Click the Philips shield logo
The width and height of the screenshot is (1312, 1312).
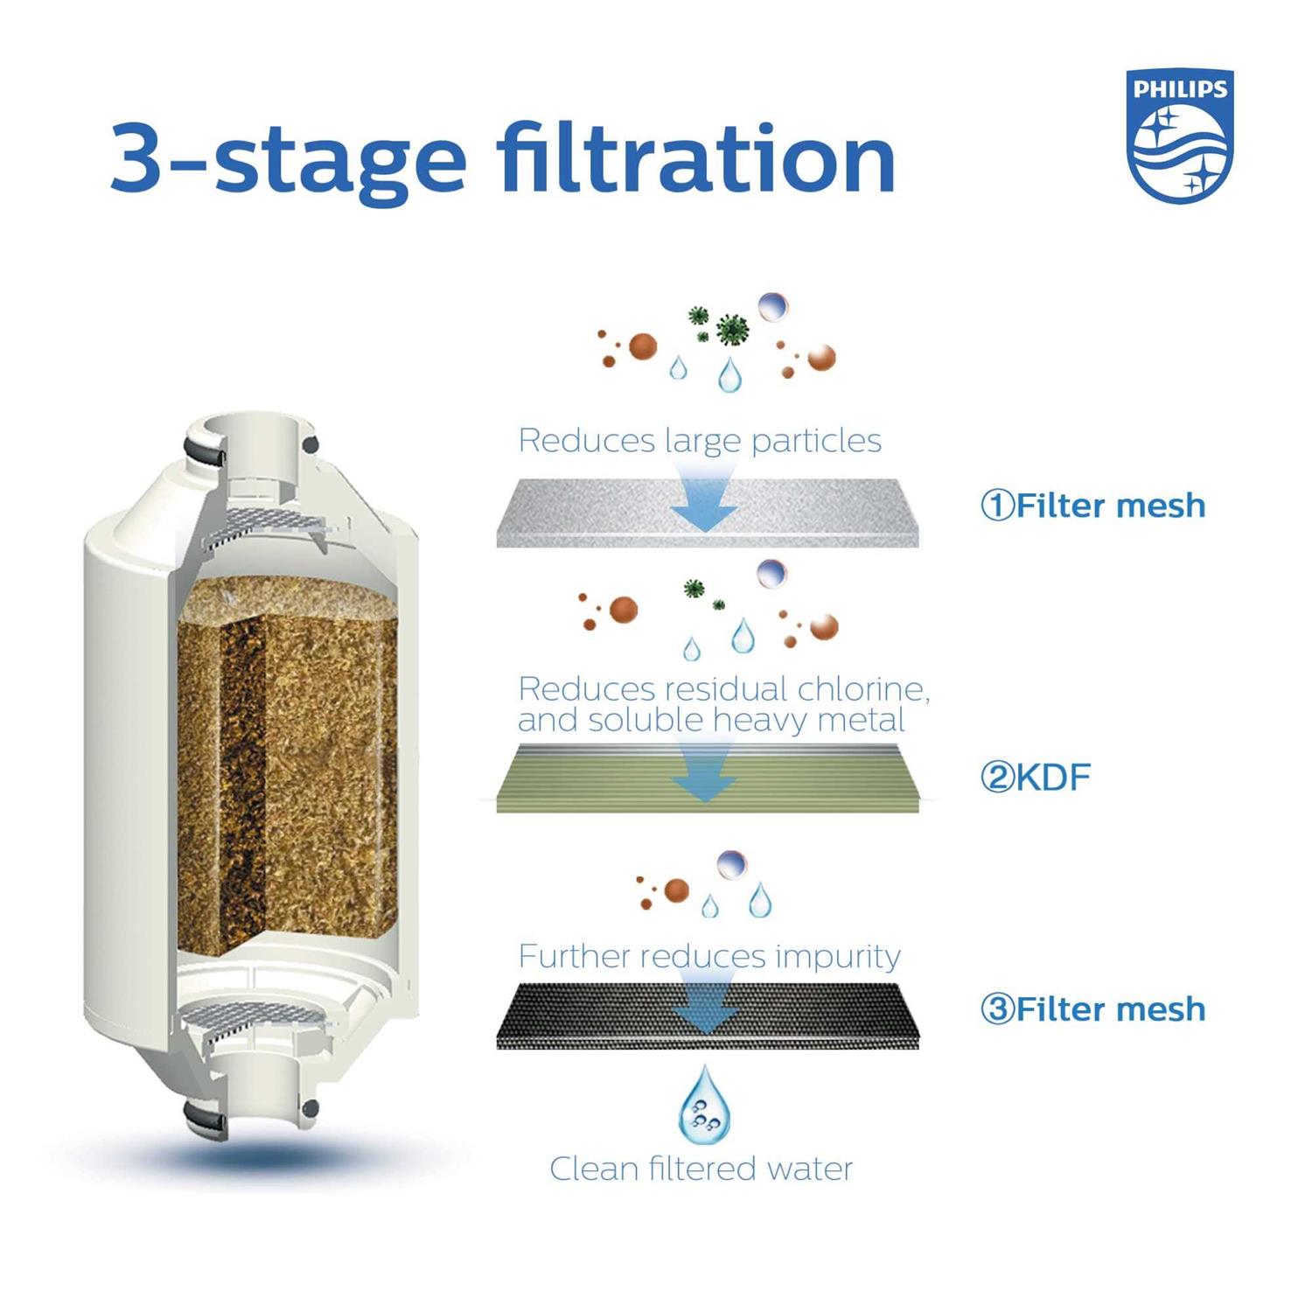click(x=1179, y=136)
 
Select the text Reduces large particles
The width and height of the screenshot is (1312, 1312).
click(x=699, y=440)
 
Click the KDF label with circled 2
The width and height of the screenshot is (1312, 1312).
click(x=1036, y=777)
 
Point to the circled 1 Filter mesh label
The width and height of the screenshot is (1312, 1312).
click(x=1092, y=506)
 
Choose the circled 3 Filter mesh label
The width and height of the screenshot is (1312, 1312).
click(x=1092, y=1009)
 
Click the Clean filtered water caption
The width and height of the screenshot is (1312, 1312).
click(x=701, y=1169)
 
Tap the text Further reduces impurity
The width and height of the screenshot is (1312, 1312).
click(x=708, y=956)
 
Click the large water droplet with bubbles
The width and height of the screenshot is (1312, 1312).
click(x=704, y=1106)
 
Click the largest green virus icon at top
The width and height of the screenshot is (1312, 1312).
click(x=732, y=329)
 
